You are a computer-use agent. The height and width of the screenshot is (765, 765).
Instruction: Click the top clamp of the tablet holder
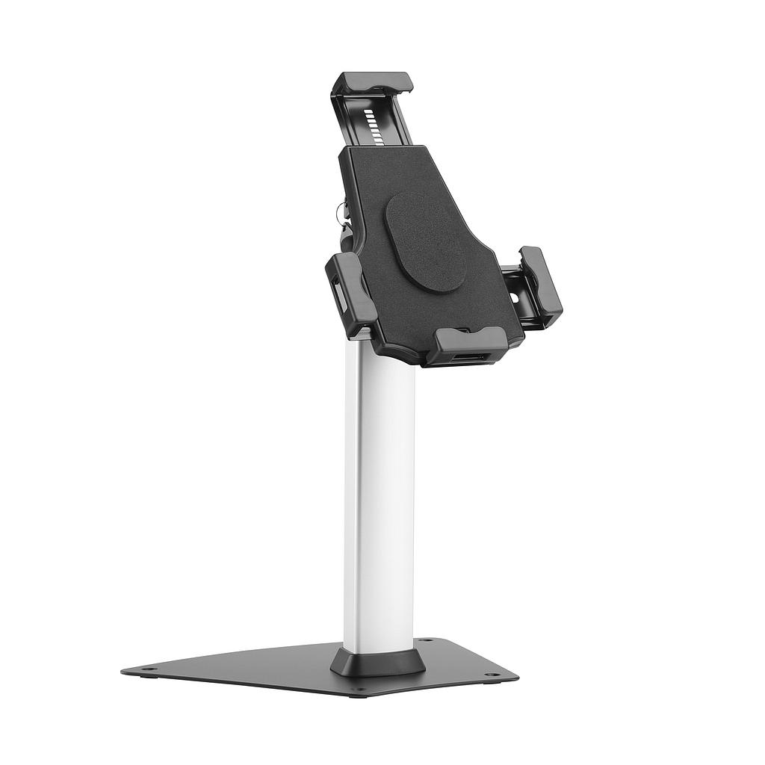coord(373,82)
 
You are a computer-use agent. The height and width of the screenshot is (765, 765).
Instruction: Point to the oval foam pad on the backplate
coord(426,242)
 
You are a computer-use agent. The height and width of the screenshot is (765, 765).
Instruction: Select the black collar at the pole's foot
coord(378,661)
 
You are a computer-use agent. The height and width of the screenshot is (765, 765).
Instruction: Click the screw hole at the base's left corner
coord(149,669)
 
